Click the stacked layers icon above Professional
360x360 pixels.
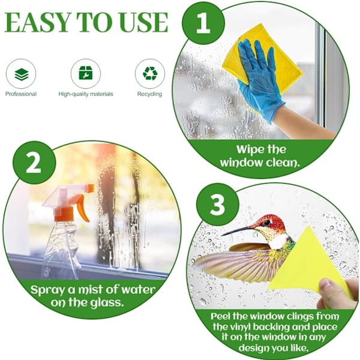(22, 74)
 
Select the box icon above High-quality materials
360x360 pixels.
(86, 73)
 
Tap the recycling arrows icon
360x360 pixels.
(150, 73)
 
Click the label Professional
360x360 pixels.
(21, 94)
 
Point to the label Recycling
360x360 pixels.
(149, 94)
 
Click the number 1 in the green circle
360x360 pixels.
(203, 23)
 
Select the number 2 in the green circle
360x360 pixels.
(34, 163)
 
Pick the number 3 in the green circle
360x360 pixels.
(217, 205)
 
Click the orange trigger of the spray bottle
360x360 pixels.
(82, 208)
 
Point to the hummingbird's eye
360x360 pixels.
(267, 222)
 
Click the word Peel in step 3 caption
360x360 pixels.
(221, 316)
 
